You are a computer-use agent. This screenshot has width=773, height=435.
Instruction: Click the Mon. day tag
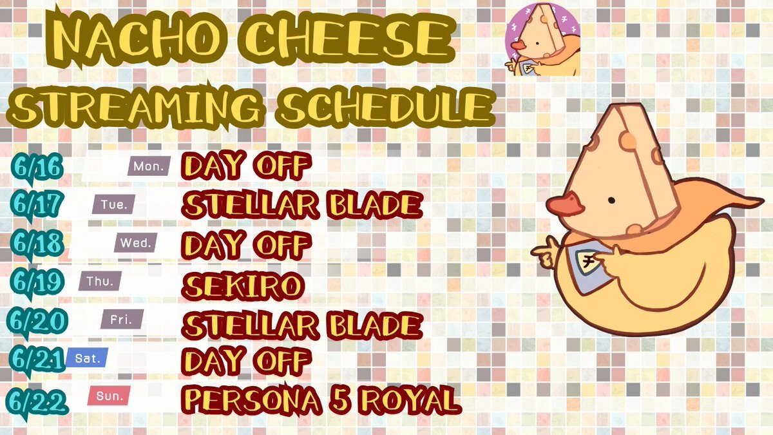149,166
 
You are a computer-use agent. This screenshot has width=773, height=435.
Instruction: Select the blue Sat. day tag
87,358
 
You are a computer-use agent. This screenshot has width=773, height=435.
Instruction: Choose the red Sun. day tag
109,396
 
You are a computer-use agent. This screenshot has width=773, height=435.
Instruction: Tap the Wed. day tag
136,243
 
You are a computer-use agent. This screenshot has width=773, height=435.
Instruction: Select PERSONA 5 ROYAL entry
321,400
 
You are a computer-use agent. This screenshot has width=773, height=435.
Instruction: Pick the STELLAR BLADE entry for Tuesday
302,206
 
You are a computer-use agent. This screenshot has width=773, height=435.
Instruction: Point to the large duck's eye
611,200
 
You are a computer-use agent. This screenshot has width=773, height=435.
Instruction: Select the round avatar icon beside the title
542,39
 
